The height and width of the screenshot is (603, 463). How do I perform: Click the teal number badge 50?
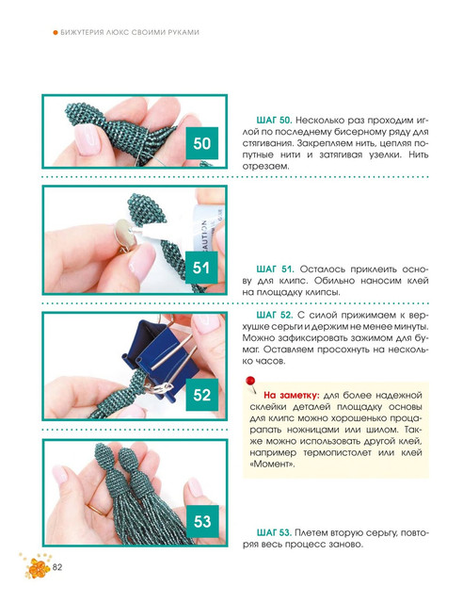pos(201,143)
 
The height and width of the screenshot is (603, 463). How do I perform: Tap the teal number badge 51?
pos(201,268)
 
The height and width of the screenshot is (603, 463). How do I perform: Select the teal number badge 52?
pos(201,395)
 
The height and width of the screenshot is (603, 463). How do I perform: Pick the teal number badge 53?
pos(202,521)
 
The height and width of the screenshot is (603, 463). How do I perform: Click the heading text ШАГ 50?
pos(274,120)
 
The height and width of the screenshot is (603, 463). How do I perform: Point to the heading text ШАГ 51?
pos(275,269)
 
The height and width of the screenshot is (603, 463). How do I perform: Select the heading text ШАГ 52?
pos(275,315)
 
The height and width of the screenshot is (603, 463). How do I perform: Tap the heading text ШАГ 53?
pos(275,532)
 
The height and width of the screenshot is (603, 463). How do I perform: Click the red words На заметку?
pos(291,395)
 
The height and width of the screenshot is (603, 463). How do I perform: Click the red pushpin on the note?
pos(250,383)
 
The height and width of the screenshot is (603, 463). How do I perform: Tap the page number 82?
pos(57,567)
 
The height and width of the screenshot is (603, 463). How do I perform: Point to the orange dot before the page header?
pos(56,32)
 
